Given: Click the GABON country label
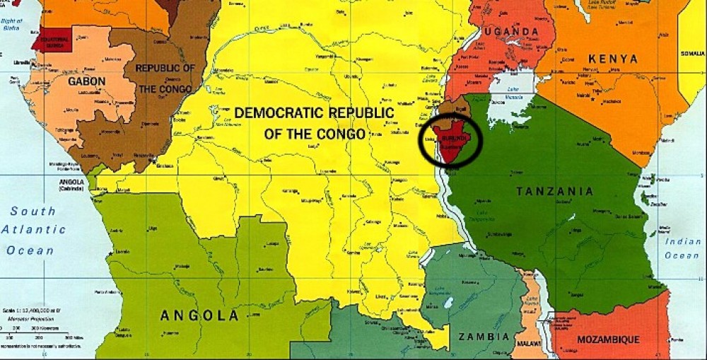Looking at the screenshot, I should [x=87, y=81].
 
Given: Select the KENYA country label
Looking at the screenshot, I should [x=612, y=59].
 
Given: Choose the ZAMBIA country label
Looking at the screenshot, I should [x=484, y=337].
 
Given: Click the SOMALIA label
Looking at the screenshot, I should [x=693, y=54].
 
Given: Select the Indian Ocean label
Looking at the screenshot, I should [x=682, y=248].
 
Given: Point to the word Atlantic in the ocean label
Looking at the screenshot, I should [x=33, y=230].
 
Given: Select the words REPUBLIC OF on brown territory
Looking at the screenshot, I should [x=165, y=69].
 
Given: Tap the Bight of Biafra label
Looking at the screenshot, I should [x=11, y=25].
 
